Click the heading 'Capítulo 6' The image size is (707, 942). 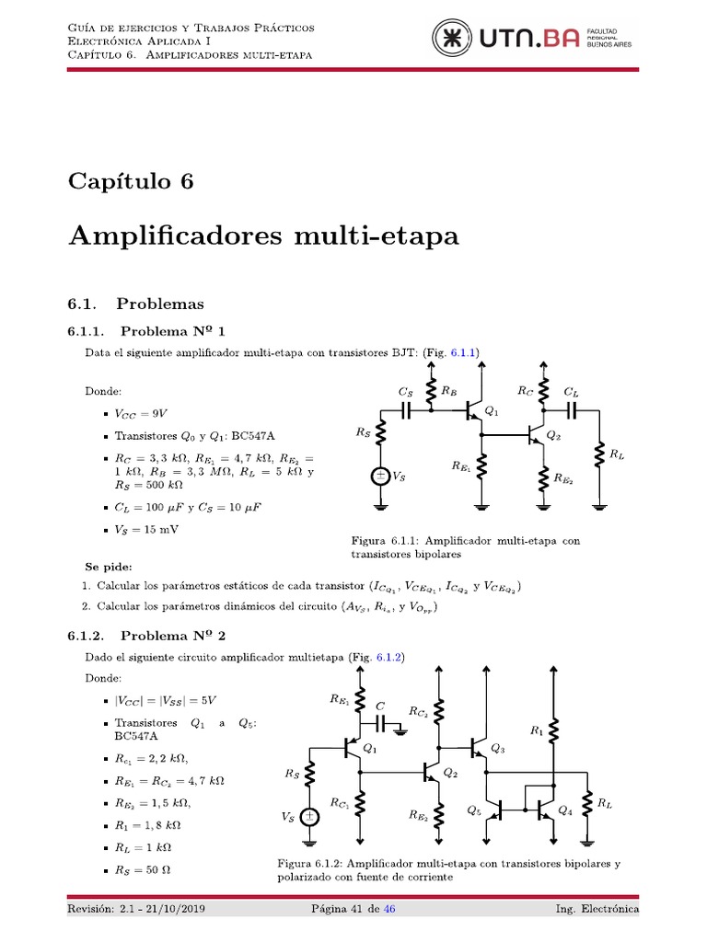pyautogui.click(x=131, y=181)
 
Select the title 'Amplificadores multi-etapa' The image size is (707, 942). pyautogui.click(x=262, y=235)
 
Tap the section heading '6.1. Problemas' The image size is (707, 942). pyautogui.click(x=135, y=303)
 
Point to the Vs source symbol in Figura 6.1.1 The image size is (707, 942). pyautogui.click(x=379, y=477)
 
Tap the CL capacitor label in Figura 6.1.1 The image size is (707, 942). pyautogui.click(x=571, y=391)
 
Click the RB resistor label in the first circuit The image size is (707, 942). pyautogui.click(x=448, y=391)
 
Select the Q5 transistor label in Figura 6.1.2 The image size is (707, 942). pyautogui.click(x=474, y=810)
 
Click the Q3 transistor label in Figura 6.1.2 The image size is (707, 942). pyautogui.click(x=498, y=749)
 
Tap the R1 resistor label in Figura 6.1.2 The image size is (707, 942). pyautogui.click(x=538, y=730)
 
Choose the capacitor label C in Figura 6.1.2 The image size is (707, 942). pyautogui.click(x=380, y=706)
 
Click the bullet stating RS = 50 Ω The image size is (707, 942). pyautogui.click(x=145, y=869)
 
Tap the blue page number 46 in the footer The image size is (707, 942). pyautogui.click(x=389, y=910)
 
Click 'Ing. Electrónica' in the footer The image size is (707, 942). pyautogui.click(x=597, y=910)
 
